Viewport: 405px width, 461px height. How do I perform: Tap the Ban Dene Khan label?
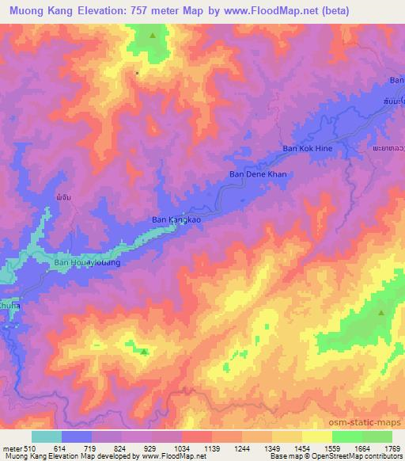pyautogui.click(x=257, y=174)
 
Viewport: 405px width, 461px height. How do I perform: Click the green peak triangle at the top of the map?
pyautogui.click(x=152, y=36)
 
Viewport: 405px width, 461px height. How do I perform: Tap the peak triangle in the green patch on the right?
pyautogui.click(x=381, y=313)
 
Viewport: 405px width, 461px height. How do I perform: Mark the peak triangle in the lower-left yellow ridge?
pyautogui.click(x=143, y=352)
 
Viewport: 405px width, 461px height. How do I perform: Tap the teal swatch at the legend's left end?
pyautogui.click(x=47, y=436)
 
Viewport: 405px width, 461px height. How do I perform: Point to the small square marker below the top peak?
pyautogui.click(x=137, y=73)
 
